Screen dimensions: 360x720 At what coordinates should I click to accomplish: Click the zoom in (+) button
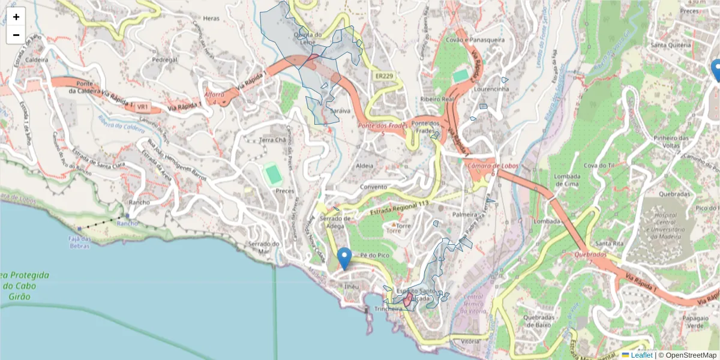[16, 17]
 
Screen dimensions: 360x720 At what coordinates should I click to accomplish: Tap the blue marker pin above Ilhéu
[344, 258]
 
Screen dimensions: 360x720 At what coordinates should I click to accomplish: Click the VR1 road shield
[142, 107]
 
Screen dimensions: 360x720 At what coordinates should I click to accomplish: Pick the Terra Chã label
[272, 140]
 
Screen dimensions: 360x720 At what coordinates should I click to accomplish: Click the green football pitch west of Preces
[274, 175]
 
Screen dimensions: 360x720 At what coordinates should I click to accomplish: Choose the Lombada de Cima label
[566, 180]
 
